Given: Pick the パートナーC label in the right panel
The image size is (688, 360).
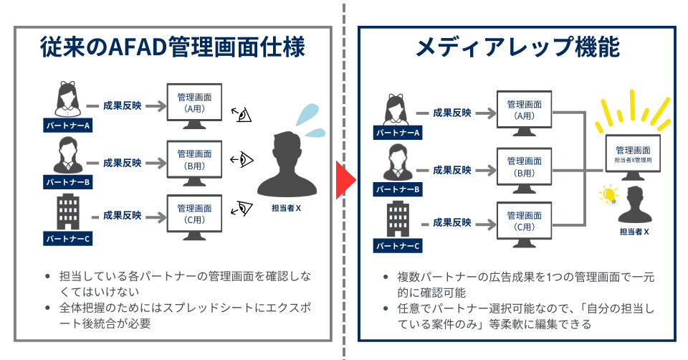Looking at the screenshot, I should pos(396,247).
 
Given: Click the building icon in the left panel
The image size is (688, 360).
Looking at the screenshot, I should pos(67,211).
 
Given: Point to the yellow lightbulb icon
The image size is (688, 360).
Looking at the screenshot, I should pos(609,194).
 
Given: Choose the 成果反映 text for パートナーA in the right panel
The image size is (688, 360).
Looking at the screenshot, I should pos(452,113).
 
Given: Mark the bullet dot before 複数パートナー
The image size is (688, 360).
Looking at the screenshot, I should pos(386,277).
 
